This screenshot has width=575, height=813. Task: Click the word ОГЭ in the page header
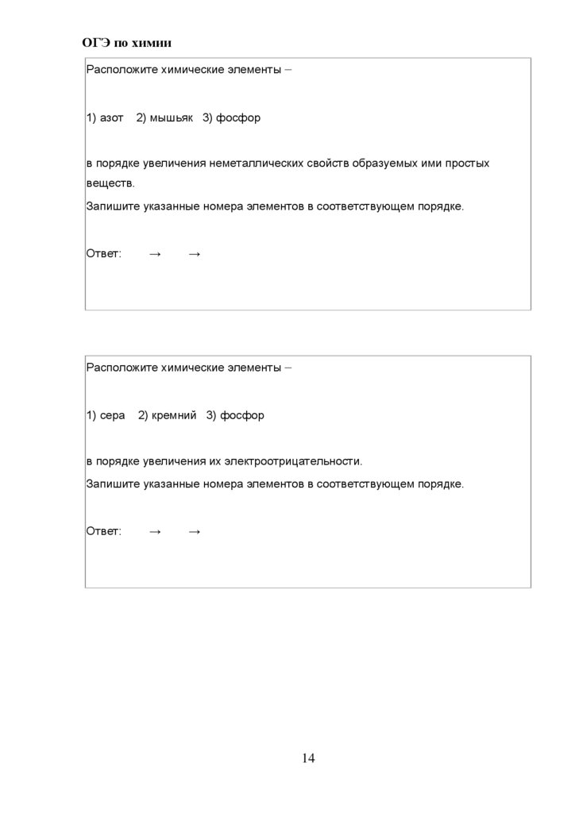coord(95,42)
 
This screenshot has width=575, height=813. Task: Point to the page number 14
coord(308,758)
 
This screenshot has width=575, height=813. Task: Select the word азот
coord(112,118)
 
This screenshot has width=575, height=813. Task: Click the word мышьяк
coord(171,118)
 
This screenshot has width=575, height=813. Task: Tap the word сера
coord(113,415)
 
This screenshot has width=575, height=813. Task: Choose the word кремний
coord(174,415)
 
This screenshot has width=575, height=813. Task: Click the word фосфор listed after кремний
coord(242,415)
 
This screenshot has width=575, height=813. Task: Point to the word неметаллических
coord(257,163)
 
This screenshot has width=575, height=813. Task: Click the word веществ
coord(110,183)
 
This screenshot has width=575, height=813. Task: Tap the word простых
coord(468,163)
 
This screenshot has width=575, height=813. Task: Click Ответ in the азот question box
coord(103,253)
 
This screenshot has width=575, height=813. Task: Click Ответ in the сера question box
coord(103,531)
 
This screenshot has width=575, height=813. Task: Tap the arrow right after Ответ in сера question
coord(155,531)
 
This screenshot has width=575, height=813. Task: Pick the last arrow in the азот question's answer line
coord(195,253)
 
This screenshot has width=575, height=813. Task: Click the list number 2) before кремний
coord(143,415)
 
